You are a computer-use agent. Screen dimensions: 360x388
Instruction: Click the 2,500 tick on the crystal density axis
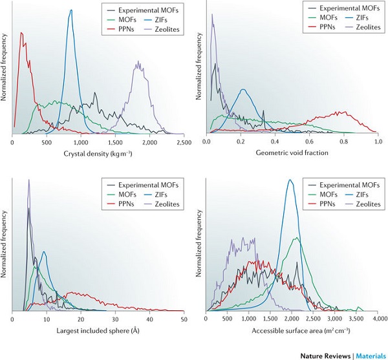183,142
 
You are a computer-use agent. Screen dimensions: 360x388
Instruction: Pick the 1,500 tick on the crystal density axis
115,142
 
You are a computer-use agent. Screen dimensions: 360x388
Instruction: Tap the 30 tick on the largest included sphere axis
115,319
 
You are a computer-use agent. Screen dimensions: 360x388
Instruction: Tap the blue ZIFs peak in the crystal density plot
70,10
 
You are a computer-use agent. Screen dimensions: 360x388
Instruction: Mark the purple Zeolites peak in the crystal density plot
138,63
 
